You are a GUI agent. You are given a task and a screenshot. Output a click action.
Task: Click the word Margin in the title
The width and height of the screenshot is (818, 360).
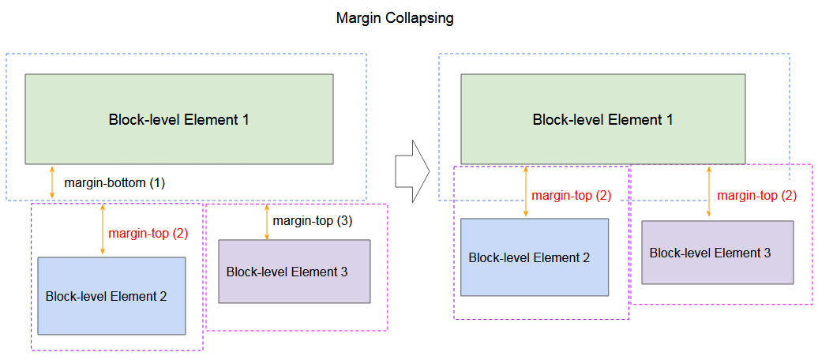pos(359,19)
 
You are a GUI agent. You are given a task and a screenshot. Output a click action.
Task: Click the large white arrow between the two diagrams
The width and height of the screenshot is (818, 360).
pos(412,171)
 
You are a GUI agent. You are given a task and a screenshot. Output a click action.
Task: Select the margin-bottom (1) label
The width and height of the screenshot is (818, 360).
pos(114,183)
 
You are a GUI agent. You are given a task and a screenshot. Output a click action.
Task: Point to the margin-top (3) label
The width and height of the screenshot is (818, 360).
pos(313,221)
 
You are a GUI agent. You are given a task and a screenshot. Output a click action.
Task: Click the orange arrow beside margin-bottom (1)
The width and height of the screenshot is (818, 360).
pos(51,182)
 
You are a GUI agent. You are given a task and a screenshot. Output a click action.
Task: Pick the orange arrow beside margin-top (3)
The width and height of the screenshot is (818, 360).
pos(267,222)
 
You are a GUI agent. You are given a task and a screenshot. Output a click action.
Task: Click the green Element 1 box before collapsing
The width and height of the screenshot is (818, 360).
pos(179,119)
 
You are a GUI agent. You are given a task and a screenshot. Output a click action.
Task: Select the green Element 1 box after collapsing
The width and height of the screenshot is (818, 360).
pos(602,119)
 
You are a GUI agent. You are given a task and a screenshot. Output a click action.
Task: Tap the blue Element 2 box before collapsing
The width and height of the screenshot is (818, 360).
pos(111,296)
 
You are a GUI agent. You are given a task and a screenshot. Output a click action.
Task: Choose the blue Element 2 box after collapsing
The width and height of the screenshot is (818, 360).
pos(535,257)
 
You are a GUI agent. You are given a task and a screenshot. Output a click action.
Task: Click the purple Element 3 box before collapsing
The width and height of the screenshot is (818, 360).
pos(295,272)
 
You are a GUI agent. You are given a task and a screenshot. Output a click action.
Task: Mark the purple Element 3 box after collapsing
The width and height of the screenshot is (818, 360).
pos(717,253)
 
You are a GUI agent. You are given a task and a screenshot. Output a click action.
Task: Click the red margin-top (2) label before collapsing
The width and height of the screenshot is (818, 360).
pos(148,234)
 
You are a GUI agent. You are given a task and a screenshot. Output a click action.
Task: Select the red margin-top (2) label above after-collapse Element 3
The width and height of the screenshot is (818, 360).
pos(757,196)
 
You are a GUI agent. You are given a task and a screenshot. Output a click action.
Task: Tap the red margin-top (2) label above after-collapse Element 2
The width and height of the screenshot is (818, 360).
pos(571,196)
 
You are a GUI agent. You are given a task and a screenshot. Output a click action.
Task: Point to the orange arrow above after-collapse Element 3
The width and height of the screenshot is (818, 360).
pos(708,191)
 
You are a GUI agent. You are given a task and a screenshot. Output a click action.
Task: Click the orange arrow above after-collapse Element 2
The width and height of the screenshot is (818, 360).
pos(525,191)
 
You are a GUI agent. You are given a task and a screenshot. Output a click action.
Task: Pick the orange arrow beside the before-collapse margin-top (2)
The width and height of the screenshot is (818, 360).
pos(103,230)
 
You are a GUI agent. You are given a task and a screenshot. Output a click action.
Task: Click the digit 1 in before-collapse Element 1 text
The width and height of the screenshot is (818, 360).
pos(245,119)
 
